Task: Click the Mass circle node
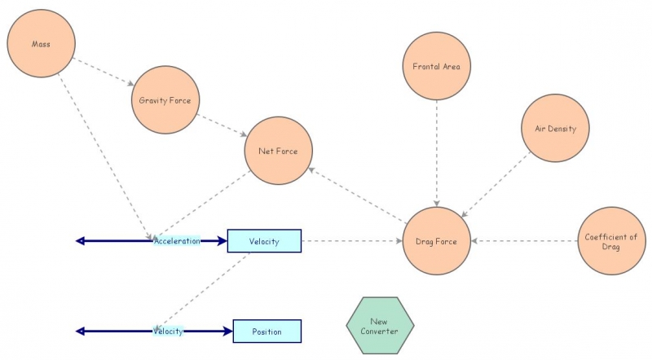(41, 44)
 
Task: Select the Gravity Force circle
(165, 100)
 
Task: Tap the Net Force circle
(278, 151)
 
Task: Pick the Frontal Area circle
(438, 67)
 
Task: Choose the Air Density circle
(555, 128)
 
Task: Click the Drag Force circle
(437, 241)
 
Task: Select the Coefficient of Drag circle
(611, 241)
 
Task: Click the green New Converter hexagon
(381, 326)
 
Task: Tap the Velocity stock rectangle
(264, 241)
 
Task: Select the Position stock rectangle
(267, 331)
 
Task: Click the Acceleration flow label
(177, 241)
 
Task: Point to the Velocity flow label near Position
(168, 331)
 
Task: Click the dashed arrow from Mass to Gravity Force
(103, 71)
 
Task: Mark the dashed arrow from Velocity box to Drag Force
(352, 241)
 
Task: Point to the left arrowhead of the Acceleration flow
(80, 241)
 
